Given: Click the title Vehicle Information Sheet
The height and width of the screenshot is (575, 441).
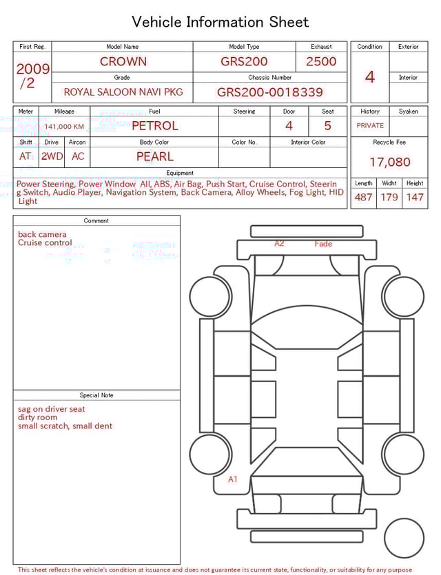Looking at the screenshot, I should click(220, 22).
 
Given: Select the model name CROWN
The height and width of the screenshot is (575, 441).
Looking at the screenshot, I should click(123, 61).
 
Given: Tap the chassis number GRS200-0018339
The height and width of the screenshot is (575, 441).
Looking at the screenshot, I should click(269, 92).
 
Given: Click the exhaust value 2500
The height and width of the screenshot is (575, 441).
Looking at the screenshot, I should click(321, 61).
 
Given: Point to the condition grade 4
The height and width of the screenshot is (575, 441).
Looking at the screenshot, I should click(369, 77).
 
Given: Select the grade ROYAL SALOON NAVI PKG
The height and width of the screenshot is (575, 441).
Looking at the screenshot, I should click(123, 92).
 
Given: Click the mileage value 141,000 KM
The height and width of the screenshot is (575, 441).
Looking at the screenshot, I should click(64, 127).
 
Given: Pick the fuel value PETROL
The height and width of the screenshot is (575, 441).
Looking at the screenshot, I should click(154, 125).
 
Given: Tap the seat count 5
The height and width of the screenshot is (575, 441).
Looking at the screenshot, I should click(327, 126).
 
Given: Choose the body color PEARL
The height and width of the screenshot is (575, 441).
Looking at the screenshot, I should click(154, 156).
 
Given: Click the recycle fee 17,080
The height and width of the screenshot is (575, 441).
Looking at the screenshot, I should click(389, 163).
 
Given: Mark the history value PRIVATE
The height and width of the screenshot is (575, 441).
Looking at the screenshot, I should click(370, 126).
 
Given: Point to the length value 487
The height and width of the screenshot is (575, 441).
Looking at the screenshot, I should click(363, 198).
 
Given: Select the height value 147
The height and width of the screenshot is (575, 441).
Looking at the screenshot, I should click(415, 198).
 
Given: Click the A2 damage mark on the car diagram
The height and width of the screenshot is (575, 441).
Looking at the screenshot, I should click(279, 244).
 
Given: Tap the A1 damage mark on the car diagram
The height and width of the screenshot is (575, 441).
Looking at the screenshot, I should click(233, 479).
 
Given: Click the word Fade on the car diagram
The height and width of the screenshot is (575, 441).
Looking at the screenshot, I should click(323, 244).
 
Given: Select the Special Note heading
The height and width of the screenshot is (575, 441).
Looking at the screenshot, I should click(96, 395).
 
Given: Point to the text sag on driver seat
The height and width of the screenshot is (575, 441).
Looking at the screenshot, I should click(52, 409).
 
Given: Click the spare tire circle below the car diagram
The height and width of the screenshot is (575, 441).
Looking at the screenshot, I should click(404, 538).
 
